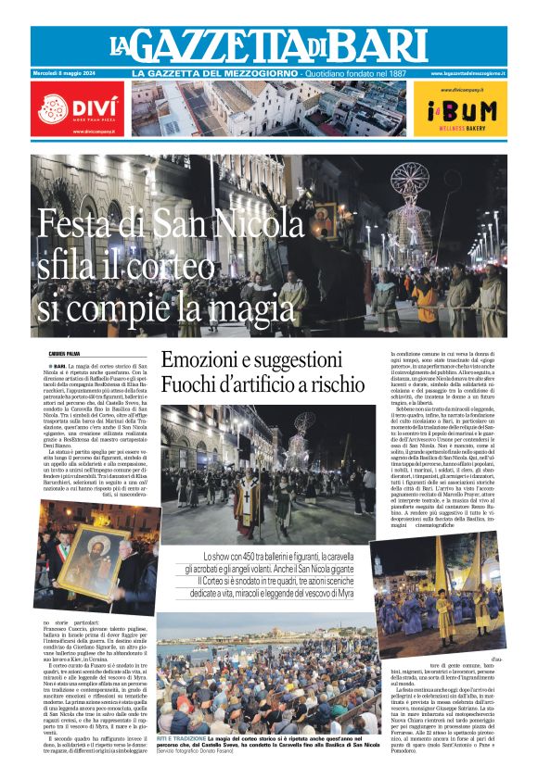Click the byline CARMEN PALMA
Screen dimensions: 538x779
pos(64,353)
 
